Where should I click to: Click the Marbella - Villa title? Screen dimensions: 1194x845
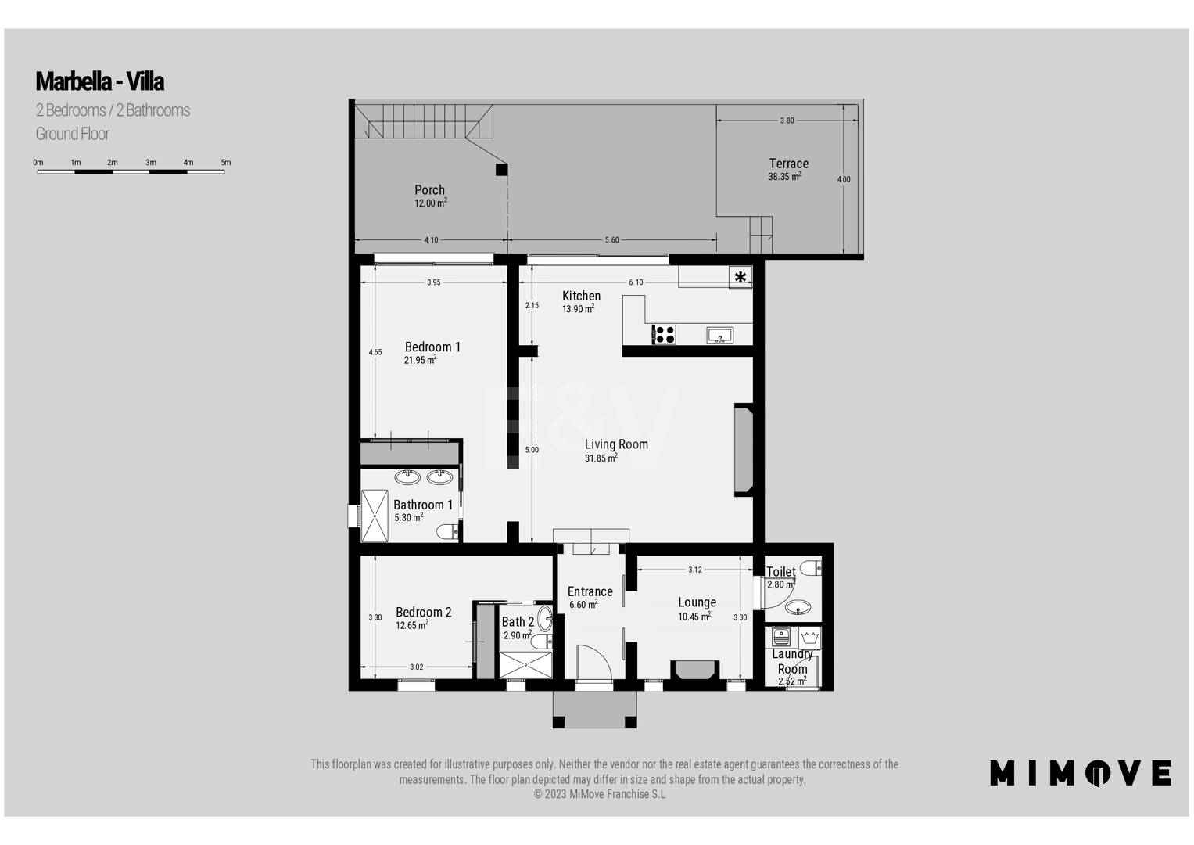[99, 81]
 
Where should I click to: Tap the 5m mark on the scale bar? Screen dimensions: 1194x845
[226, 162]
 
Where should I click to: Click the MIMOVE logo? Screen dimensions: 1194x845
[1081, 773]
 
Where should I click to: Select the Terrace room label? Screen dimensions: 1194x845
[788, 164]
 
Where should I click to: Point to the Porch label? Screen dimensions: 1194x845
[429, 190]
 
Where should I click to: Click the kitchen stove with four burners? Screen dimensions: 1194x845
[664, 335]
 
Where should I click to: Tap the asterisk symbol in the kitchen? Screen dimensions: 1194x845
[740, 277]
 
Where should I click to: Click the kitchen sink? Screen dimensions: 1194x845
[719, 336]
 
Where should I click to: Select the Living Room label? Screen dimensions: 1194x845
[616, 444]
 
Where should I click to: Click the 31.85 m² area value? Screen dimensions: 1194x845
[601, 458]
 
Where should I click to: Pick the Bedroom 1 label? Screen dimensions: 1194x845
[432, 347]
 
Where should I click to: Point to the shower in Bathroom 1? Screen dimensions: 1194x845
[375, 516]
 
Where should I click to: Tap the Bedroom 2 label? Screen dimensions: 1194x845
[423, 612]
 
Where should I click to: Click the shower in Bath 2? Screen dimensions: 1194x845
[525, 665]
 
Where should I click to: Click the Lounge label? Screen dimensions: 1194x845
[697, 602]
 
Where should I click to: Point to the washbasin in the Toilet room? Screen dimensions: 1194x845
[798, 607]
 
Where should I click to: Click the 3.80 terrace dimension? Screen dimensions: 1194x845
[787, 120]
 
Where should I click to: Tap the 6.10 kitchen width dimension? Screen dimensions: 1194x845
[636, 282]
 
